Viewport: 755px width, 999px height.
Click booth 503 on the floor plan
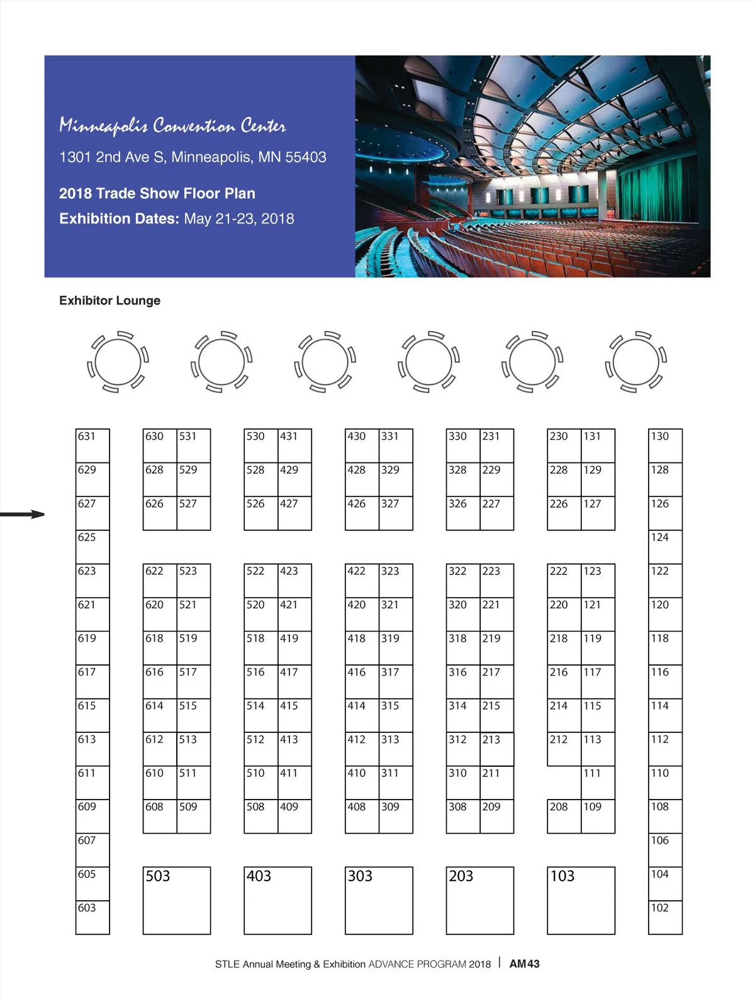point(176,900)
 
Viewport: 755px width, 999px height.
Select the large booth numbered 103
point(581,900)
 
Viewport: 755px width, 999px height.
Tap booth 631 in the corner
point(92,445)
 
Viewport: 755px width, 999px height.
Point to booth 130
point(665,445)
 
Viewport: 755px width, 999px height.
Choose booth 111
point(598,782)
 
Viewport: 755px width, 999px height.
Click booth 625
point(92,547)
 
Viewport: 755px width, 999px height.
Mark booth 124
point(665,547)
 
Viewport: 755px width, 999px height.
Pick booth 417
point(294,681)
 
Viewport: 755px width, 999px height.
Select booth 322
point(463,580)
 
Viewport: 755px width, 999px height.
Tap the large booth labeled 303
point(379,900)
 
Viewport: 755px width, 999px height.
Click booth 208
point(564,816)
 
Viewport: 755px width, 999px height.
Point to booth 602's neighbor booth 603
point(92,917)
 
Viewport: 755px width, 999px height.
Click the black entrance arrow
point(23,515)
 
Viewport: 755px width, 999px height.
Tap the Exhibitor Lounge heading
point(109,301)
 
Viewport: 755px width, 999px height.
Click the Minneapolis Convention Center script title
point(172,126)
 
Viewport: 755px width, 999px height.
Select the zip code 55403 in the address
point(306,157)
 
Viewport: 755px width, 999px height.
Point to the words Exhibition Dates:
point(119,219)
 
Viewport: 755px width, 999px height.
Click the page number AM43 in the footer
point(524,964)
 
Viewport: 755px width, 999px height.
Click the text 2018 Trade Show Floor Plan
point(157,194)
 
